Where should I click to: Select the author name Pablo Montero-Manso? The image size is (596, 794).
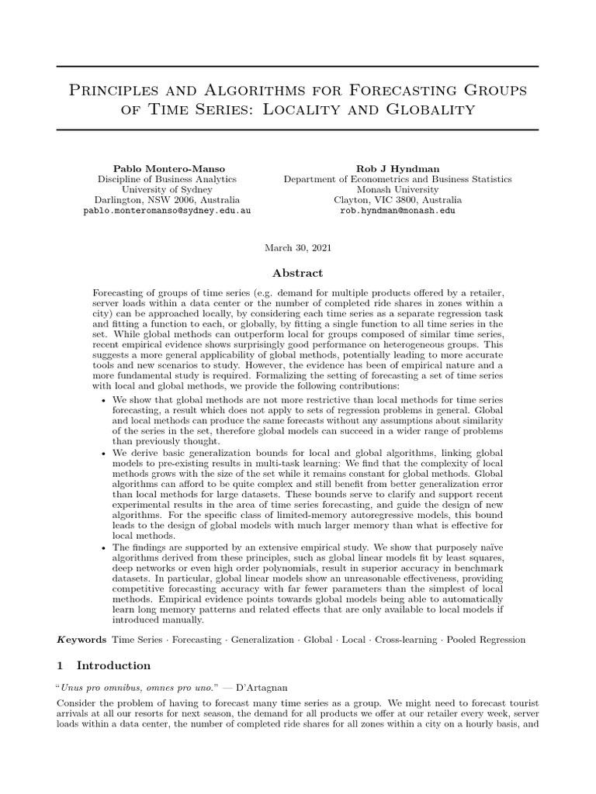tap(167, 167)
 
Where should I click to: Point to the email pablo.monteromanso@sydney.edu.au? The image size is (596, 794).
tap(167, 210)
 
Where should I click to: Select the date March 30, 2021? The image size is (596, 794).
tap(298, 247)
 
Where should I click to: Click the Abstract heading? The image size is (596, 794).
tap(298, 273)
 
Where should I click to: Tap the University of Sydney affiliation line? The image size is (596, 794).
tap(167, 188)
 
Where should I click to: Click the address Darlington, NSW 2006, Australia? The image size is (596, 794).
tap(167, 199)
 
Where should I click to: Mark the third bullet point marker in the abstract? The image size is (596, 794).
tap(105, 547)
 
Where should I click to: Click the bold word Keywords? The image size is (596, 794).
tap(82, 640)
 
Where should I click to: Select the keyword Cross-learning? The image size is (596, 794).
tap(409, 640)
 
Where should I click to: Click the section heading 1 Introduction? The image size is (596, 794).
tap(104, 665)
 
